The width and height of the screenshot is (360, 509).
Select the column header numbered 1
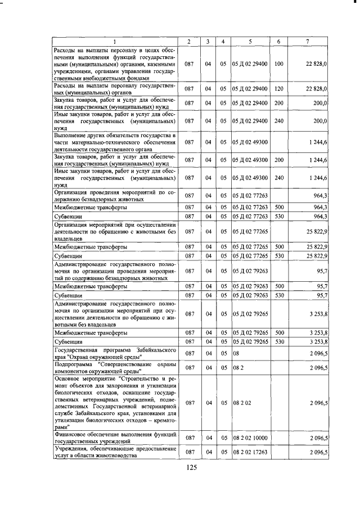point(115,42)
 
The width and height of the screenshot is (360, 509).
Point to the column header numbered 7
point(307,42)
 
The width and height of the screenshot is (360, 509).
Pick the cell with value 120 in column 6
point(278,89)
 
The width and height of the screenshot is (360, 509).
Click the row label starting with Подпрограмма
point(115,367)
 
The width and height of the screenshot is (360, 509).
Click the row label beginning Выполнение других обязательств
point(115,142)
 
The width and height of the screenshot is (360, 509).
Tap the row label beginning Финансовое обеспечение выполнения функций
point(115,438)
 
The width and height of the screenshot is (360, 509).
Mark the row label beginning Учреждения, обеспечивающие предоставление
point(115,452)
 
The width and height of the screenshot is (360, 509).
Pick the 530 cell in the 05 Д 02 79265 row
point(278,341)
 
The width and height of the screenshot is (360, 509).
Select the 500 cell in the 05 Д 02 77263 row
point(278,207)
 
